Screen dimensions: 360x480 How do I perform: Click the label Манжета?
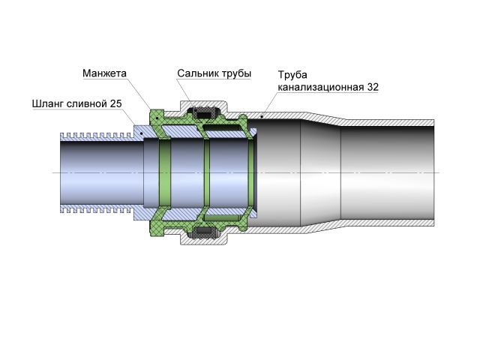coord(105,73)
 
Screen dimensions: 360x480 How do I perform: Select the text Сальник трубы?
coord(214,73)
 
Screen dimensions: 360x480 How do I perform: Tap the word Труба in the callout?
coord(292,75)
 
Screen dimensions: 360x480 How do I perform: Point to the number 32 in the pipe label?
coord(373,87)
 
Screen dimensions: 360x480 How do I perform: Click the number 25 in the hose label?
coord(115,103)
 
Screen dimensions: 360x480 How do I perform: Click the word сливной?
coord(89,103)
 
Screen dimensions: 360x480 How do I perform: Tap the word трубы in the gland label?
coord(237,73)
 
